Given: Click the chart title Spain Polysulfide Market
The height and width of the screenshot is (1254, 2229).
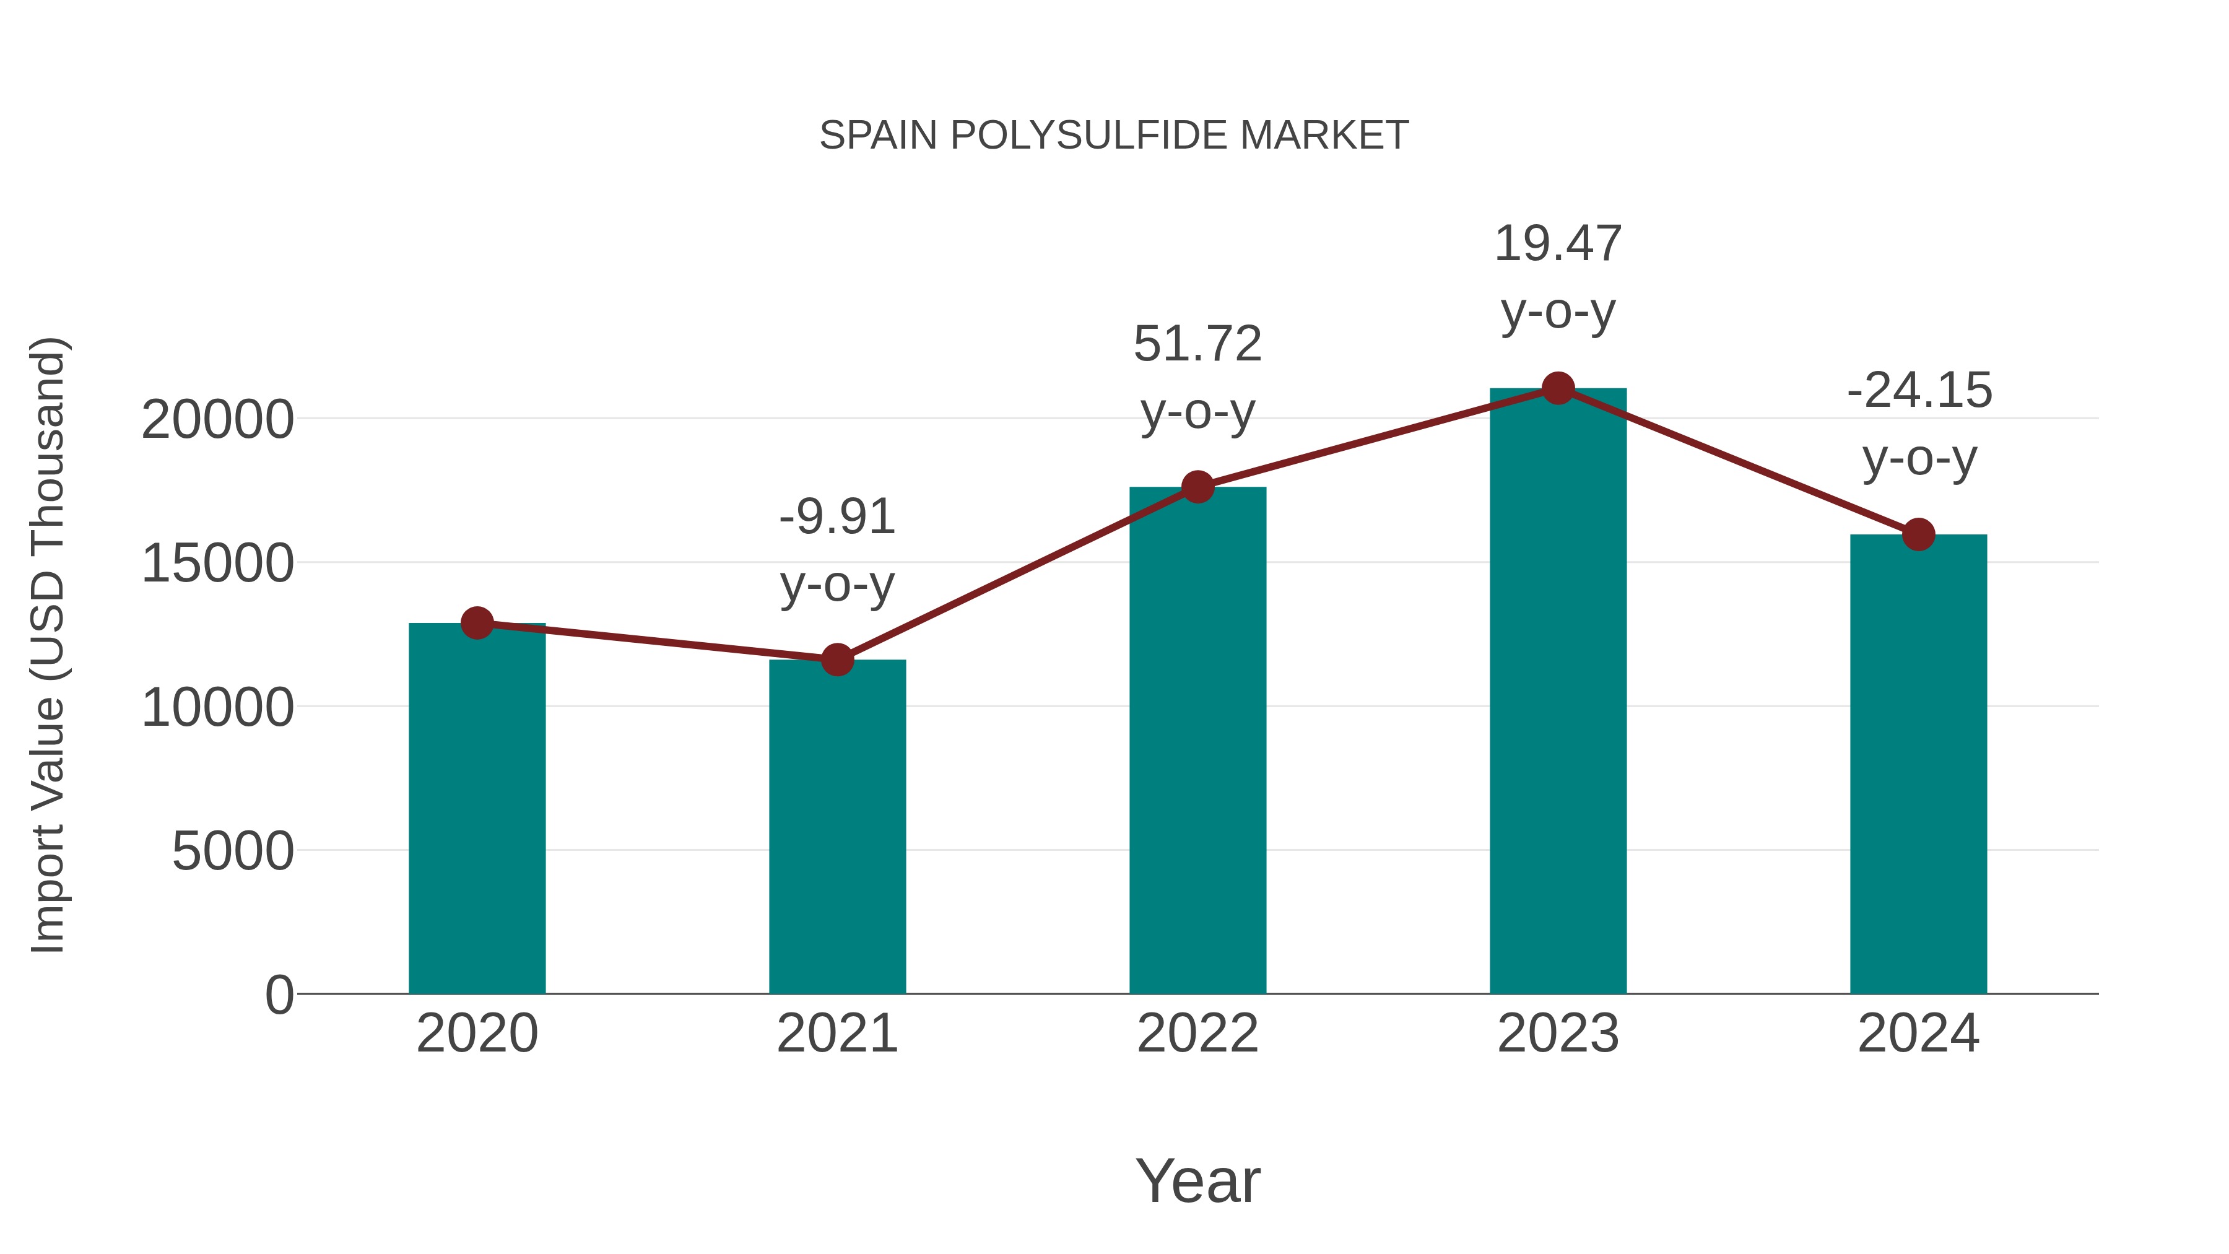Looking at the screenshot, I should pyautogui.click(x=1114, y=136).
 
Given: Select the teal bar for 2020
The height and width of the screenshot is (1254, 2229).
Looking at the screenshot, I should pyautogui.click(x=477, y=809).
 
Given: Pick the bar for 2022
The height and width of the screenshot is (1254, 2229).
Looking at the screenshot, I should pyautogui.click(x=1197, y=740).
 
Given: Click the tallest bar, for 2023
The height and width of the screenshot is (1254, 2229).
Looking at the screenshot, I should pyautogui.click(x=1558, y=692).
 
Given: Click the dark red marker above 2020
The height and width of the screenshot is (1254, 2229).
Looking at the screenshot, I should pyautogui.click(x=477, y=622).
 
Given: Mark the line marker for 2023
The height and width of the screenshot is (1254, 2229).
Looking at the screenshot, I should pyautogui.click(x=1558, y=388).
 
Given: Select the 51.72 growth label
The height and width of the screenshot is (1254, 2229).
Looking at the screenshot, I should pyautogui.click(x=1197, y=344).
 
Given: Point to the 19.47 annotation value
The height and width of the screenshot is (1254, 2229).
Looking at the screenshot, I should pyautogui.click(x=1558, y=244).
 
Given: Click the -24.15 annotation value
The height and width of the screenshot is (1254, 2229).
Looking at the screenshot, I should pyautogui.click(x=1918, y=390).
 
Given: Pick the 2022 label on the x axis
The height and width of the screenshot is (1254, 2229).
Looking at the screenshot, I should pyautogui.click(x=1197, y=1034).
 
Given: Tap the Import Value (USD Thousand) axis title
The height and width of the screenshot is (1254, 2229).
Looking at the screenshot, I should pyautogui.click(x=48, y=645).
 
